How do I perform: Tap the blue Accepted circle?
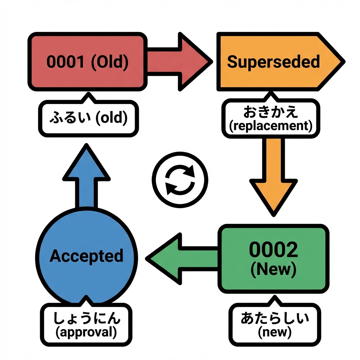(x=86, y=256)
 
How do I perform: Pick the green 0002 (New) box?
(x=274, y=259)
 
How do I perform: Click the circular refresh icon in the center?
(x=180, y=180)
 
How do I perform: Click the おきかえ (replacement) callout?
(x=270, y=118)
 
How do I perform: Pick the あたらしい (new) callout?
(x=275, y=324)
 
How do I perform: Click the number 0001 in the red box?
(x=66, y=62)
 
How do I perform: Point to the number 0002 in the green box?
(x=274, y=250)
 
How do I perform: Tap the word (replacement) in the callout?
(x=270, y=126)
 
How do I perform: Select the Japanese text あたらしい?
(x=275, y=318)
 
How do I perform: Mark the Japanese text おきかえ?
(x=270, y=112)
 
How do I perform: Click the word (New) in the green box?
(x=274, y=269)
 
